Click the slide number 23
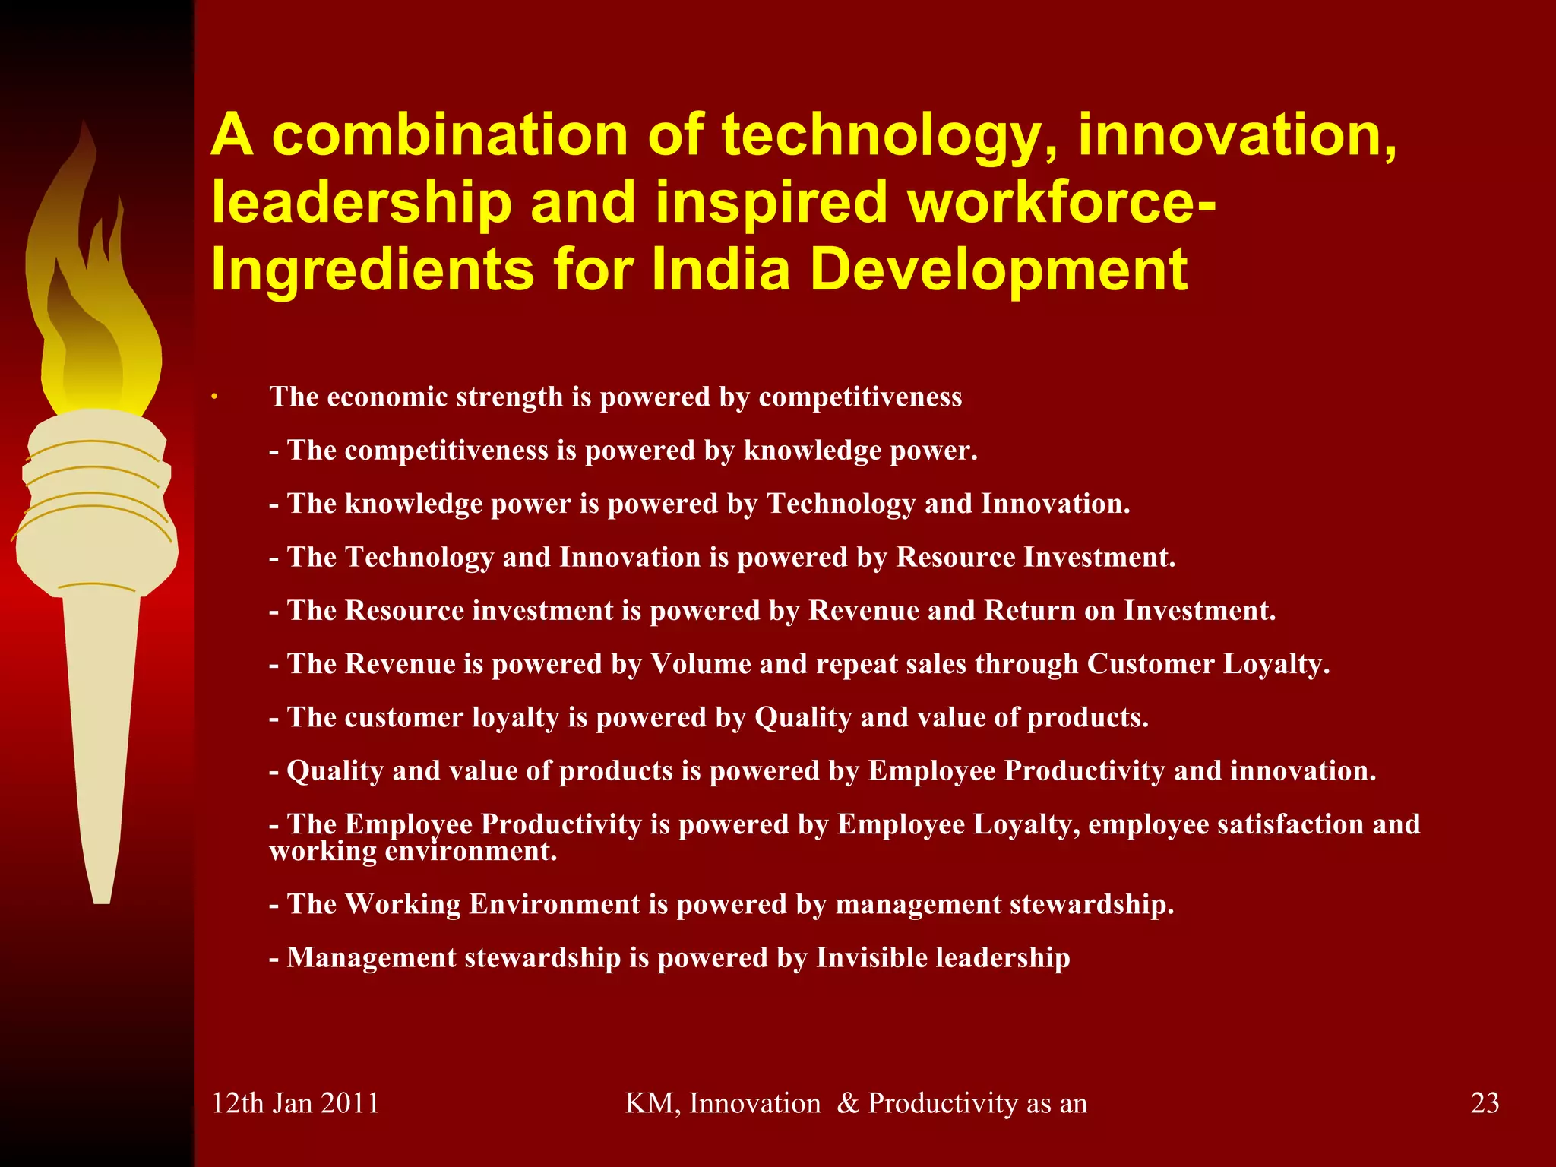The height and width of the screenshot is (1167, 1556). [1485, 1102]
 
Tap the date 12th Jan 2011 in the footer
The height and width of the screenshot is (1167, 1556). [295, 1102]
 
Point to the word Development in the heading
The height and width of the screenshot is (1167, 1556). [998, 270]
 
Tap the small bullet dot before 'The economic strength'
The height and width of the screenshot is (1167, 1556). [215, 397]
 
